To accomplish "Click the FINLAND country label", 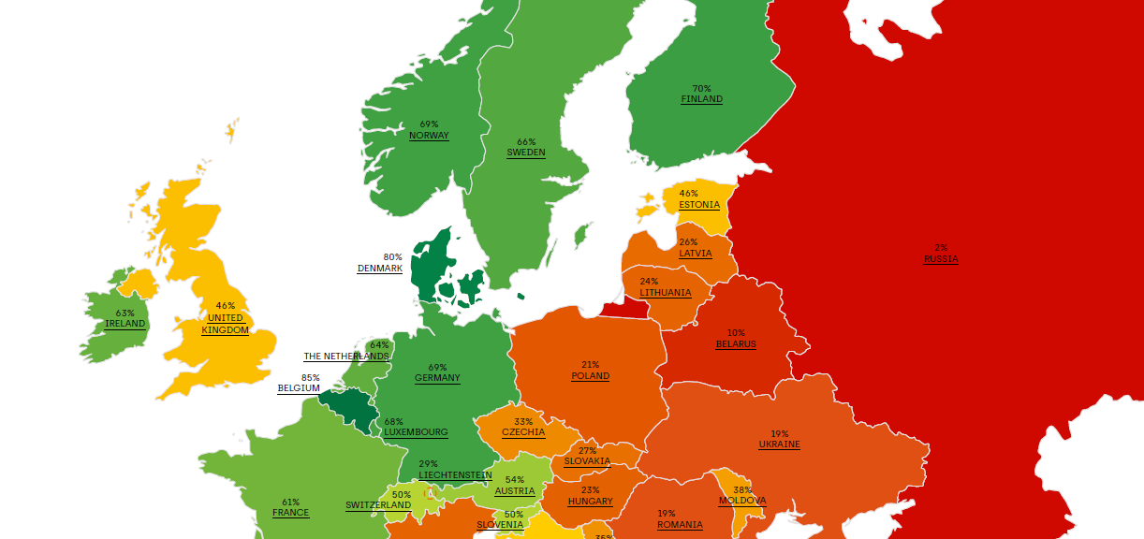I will (x=701, y=99).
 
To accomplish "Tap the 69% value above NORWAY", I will (x=429, y=124).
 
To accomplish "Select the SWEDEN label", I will (x=525, y=153).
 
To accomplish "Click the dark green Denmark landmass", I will (x=432, y=267).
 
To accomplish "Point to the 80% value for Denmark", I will (x=392, y=257).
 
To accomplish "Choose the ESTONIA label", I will (x=698, y=205).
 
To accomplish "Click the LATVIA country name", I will (x=695, y=254).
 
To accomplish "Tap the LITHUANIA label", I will (x=665, y=293).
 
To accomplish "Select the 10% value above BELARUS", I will (x=736, y=333).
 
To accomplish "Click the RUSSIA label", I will (x=940, y=259).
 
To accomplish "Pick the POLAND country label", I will (x=590, y=376).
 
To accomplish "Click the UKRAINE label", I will (x=779, y=444).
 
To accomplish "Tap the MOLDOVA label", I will (x=741, y=501).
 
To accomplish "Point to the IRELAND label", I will (x=125, y=324).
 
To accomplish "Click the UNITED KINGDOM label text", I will (x=225, y=324).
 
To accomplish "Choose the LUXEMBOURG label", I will (x=416, y=432).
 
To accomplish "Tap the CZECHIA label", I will (x=522, y=432).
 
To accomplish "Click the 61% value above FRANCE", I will (x=290, y=503).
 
